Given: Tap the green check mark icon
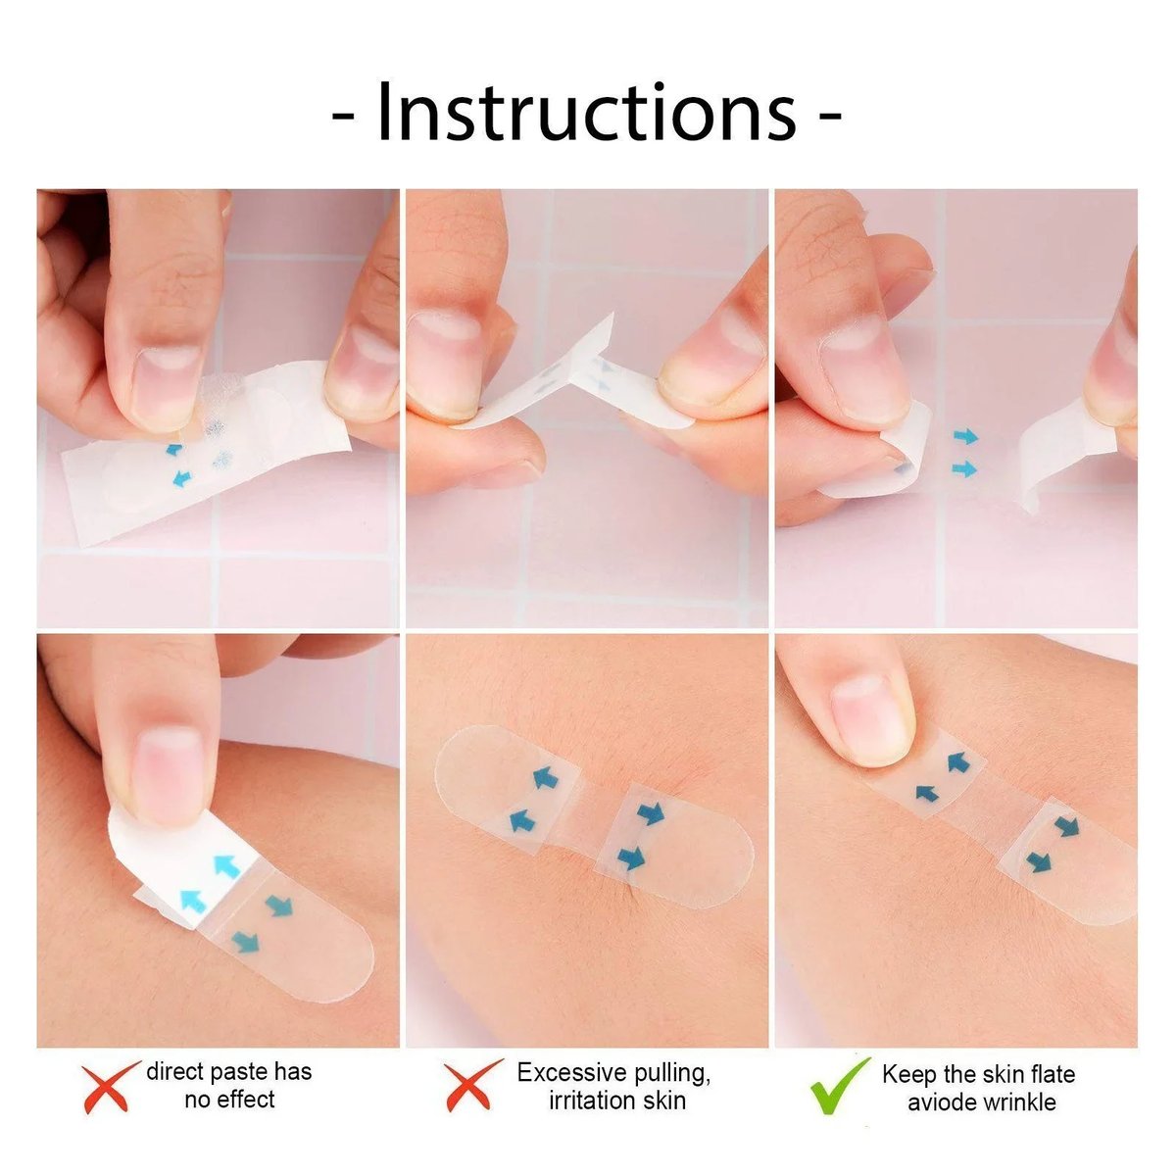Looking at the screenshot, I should pos(839,1085).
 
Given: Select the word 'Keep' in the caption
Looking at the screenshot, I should pos(909,1074).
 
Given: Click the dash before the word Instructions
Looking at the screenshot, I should pos(342,116).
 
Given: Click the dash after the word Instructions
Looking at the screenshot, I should pos(829,116).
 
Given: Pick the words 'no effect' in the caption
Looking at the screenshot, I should pos(229,1100).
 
